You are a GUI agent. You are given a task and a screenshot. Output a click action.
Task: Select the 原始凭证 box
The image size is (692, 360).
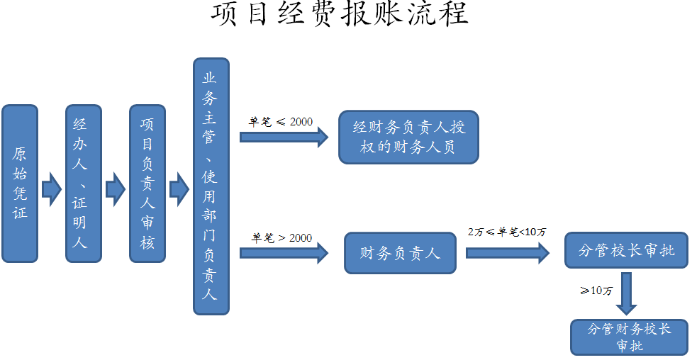(x=20, y=184)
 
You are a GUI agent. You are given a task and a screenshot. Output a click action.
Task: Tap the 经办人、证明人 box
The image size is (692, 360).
(x=84, y=184)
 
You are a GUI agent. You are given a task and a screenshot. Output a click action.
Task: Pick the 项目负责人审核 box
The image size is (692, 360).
(x=147, y=184)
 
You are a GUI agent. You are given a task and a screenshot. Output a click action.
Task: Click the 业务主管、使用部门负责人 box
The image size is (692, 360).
(x=211, y=186)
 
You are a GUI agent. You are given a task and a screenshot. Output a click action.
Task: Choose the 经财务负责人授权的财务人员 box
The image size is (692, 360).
(x=408, y=137)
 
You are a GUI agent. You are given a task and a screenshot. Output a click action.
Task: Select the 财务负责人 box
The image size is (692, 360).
(x=400, y=253)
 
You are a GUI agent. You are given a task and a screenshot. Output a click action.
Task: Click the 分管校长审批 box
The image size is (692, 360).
(x=626, y=250)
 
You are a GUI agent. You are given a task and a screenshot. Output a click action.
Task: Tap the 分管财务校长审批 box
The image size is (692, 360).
(x=629, y=337)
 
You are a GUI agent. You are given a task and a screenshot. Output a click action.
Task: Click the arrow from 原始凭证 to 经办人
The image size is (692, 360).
(x=52, y=189)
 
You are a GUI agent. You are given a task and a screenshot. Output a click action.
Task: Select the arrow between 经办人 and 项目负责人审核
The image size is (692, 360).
(x=116, y=189)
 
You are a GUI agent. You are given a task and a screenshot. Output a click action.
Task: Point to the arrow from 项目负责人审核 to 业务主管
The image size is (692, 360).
(x=179, y=189)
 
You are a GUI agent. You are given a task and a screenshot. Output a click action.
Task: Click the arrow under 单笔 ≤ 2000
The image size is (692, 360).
(x=284, y=137)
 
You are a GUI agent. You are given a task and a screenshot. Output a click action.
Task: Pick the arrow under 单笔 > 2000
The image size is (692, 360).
(x=284, y=252)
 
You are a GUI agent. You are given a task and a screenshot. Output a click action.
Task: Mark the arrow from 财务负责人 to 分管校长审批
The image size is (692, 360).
(x=507, y=252)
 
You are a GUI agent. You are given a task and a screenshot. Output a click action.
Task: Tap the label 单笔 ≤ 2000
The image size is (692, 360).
(x=280, y=122)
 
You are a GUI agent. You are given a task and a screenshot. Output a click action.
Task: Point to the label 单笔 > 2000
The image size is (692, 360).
(x=281, y=238)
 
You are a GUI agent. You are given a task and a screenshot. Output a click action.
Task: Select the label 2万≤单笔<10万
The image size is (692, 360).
(x=507, y=232)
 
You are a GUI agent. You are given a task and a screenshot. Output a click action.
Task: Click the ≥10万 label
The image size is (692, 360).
(x=596, y=291)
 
